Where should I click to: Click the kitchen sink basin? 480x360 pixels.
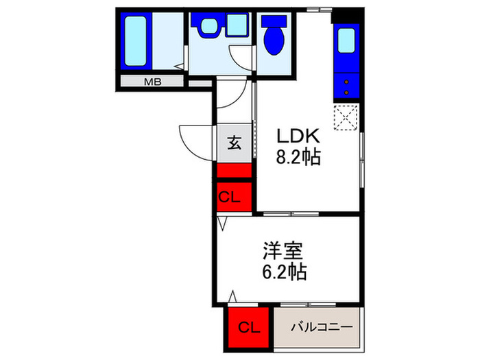click(347, 43)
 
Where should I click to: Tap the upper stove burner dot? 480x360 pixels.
click(347, 80)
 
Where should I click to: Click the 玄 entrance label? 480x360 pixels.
click(235, 143)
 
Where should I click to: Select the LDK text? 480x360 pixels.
click(298, 135)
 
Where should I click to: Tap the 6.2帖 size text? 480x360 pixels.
click(283, 272)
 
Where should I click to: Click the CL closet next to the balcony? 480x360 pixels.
click(250, 328)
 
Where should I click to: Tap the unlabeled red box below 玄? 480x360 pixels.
click(235, 171)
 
